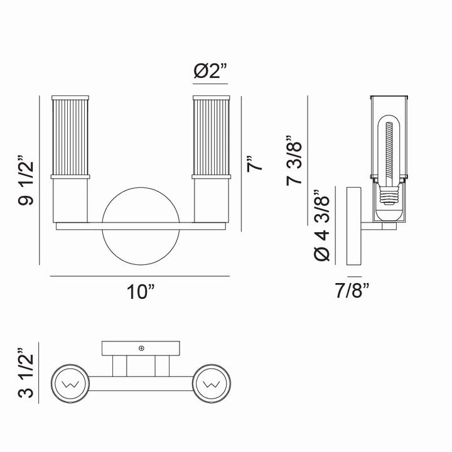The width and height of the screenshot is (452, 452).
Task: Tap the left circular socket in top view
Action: coord(71,382)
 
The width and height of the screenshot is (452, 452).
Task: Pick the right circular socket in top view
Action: coord(212,382)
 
